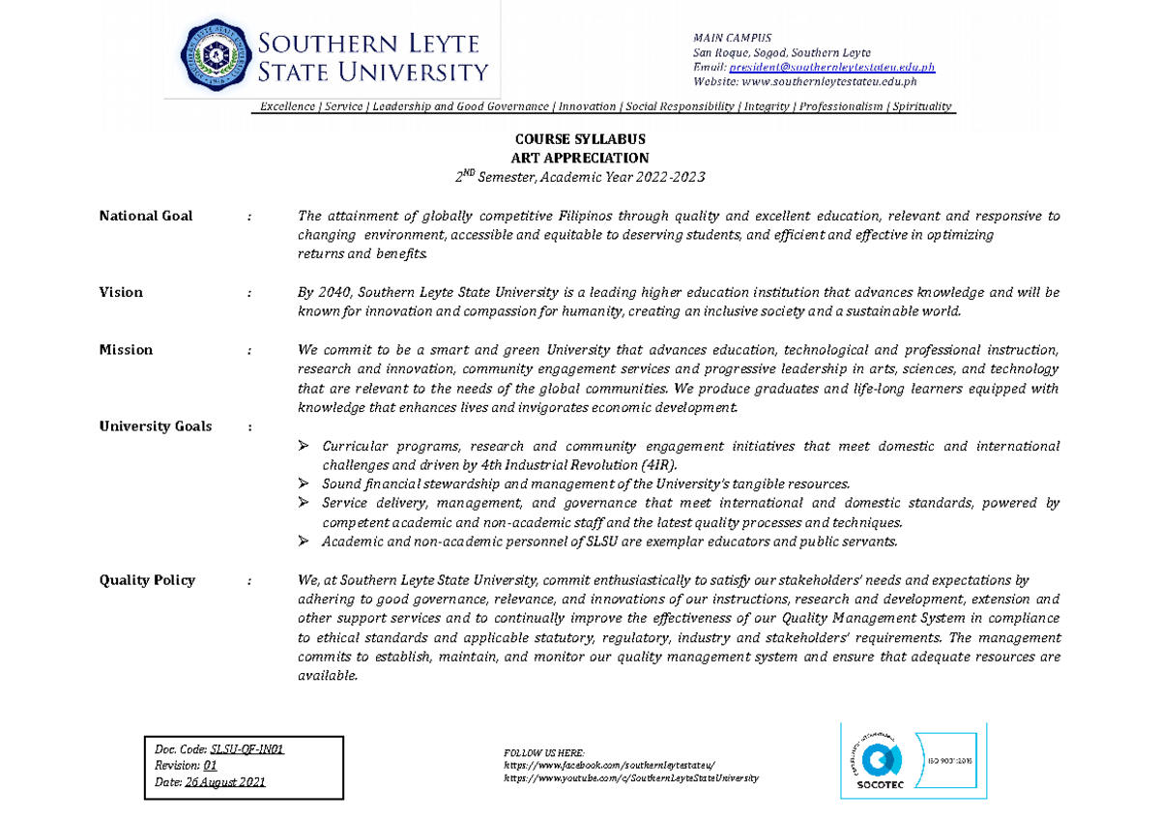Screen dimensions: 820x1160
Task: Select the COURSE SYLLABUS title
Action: click(579, 139)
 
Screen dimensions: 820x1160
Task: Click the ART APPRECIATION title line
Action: click(579, 158)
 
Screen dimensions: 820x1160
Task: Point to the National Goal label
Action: click(145, 216)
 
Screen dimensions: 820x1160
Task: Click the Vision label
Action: click(121, 292)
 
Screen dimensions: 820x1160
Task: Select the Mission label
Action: click(126, 350)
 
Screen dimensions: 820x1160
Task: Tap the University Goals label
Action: click(155, 426)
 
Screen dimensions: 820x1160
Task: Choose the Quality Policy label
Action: click(147, 580)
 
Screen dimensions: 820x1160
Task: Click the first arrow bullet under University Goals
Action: click(304, 446)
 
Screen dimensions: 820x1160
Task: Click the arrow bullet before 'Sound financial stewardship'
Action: click(304, 483)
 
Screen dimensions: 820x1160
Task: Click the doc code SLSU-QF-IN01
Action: click(253, 748)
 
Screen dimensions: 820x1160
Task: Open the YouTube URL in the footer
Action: click(631, 777)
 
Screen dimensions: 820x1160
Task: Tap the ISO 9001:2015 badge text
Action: click(953, 759)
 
